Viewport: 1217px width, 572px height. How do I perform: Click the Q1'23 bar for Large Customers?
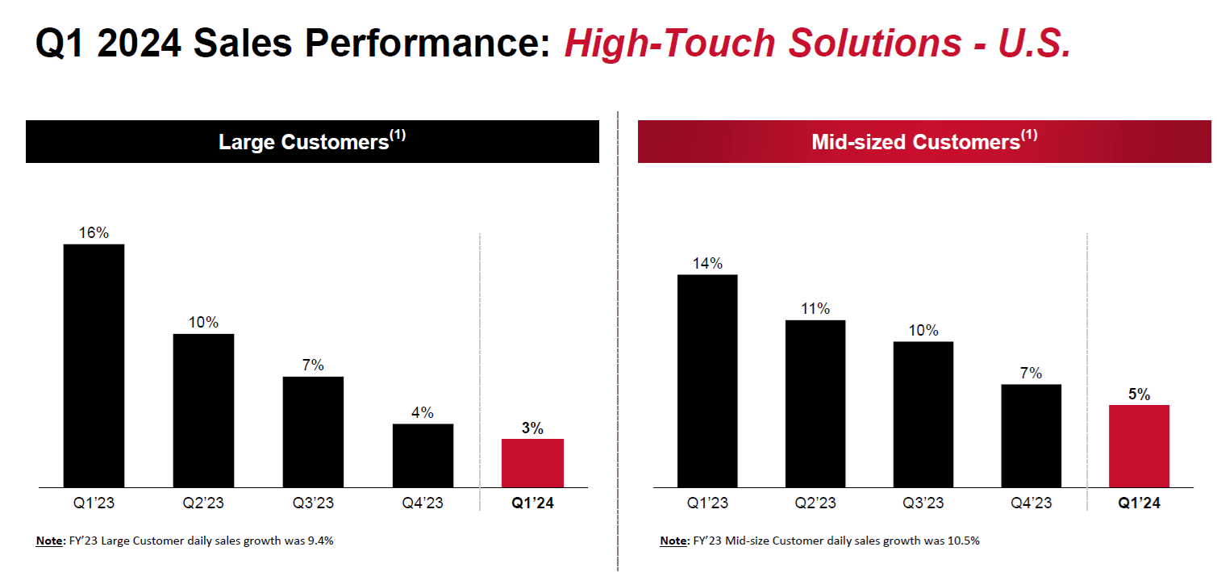click(x=94, y=365)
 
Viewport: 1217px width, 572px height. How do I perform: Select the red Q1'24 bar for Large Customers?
click(x=532, y=463)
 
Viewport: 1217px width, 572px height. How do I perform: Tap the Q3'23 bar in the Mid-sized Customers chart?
click(x=923, y=415)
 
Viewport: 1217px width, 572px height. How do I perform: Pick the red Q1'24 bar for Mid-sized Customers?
click(x=1139, y=446)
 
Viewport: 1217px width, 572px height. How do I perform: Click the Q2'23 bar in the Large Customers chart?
click(x=203, y=411)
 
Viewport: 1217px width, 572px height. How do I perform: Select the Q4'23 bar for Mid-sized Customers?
click(x=1031, y=436)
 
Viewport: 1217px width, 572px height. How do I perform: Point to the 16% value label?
click(x=94, y=232)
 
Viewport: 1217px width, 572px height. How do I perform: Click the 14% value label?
click(x=707, y=263)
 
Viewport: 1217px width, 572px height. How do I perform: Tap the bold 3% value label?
click(x=532, y=428)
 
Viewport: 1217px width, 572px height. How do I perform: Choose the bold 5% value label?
click(x=1139, y=395)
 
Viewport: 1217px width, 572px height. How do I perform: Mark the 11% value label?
click(x=815, y=308)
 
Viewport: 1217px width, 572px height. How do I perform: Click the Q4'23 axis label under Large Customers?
click(x=423, y=503)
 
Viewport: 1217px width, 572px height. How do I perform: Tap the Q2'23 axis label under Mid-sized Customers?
click(x=815, y=503)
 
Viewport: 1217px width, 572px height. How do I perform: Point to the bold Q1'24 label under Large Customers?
click(x=532, y=503)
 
